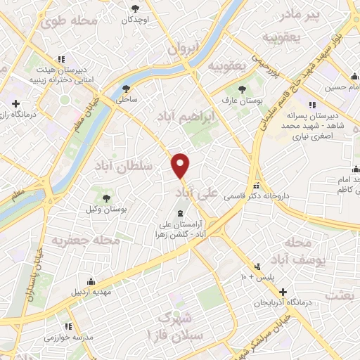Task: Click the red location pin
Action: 181,165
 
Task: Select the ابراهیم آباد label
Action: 190,116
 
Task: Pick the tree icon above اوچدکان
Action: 134,8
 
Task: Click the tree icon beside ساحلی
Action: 127,89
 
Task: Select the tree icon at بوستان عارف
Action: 242,89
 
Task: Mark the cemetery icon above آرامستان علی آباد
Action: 180,212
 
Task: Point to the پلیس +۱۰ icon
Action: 258,266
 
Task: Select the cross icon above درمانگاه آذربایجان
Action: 283,292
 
